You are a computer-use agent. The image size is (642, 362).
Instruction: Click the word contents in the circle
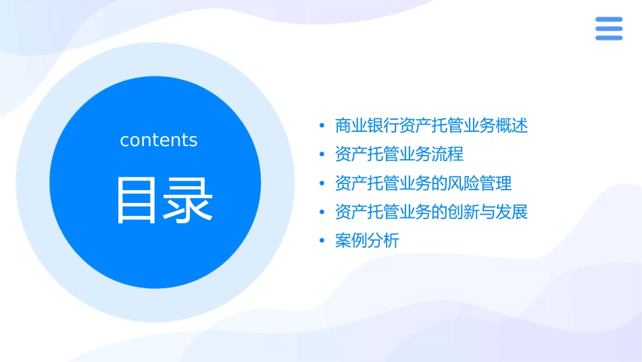click(x=159, y=140)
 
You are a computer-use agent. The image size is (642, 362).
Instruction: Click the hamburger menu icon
click(x=609, y=28)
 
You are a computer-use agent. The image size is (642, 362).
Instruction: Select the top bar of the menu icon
click(x=609, y=20)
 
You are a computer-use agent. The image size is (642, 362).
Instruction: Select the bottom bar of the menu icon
click(x=609, y=38)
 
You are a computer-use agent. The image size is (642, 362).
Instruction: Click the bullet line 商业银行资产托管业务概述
click(x=431, y=126)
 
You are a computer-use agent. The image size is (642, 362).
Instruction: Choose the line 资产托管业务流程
click(x=399, y=154)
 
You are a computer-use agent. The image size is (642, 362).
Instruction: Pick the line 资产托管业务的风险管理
click(x=423, y=183)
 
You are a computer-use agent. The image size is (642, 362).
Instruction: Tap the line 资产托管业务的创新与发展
click(x=431, y=212)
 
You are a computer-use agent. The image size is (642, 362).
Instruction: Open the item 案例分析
click(x=367, y=241)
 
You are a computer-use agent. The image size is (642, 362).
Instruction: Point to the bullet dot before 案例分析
click(x=322, y=241)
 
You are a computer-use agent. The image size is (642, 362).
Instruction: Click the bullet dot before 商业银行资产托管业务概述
click(x=322, y=126)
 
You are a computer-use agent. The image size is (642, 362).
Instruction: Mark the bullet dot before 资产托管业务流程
click(x=322, y=154)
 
